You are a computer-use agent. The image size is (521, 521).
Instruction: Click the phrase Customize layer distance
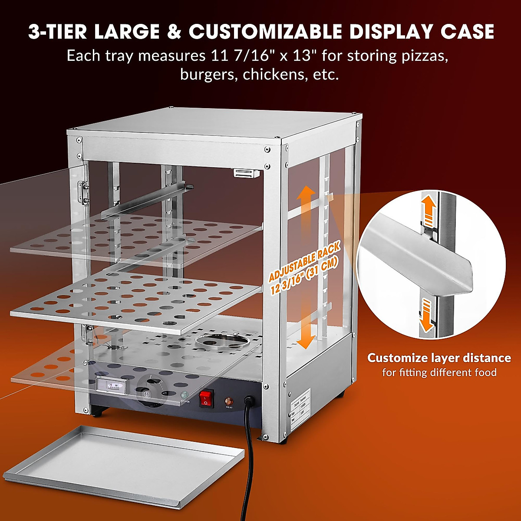[x=439, y=358]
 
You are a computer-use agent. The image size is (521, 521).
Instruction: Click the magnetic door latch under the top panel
[x=246, y=173]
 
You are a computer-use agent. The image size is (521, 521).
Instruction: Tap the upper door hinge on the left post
[x=82, y=192]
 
